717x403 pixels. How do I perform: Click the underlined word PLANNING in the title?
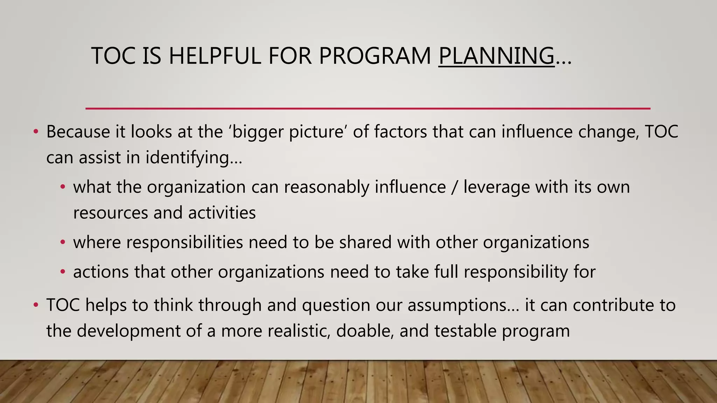point(496,56)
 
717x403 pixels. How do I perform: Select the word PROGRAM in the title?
point(375,56)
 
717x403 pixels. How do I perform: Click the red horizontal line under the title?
point(368,109)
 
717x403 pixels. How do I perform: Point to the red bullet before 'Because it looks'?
point(35,132)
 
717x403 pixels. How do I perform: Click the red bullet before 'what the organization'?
point(63,187)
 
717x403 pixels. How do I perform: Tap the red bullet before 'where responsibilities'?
point(63,242)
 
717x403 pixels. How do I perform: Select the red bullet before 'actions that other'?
point(63,271)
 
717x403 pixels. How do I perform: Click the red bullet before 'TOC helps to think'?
point(35,305)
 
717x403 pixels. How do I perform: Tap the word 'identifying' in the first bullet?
point(187,158)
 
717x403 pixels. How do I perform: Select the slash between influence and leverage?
point(454,187)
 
